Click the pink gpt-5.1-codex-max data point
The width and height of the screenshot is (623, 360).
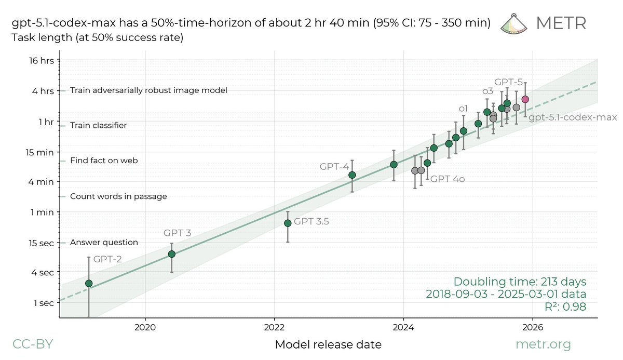click(x=525, y=99)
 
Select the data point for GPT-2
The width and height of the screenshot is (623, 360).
click(x=89, y=283)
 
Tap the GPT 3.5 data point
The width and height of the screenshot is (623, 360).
click(x=288, y=223)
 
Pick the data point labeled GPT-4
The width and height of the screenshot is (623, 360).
click(x=352, y=175)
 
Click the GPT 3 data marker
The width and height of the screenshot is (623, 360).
click(x=171, y=254)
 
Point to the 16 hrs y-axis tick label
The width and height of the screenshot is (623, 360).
click(x=39, y=60)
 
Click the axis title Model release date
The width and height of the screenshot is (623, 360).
click(x=328, y=344)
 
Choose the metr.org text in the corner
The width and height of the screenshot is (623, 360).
click(x=543, y=344)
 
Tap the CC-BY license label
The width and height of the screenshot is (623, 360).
click(x=32, y=344)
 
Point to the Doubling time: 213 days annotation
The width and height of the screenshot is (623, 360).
click(x=520, y=282)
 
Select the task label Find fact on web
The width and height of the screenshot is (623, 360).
click(x=104, y=161)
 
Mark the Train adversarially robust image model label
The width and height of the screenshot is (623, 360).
click(x=148, y=90)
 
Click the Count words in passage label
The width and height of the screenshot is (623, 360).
click(x=118, y=196)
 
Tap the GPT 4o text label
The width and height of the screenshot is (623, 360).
click(x=447, y=179)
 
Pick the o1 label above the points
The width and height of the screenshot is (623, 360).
click(x=463, y=108)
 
